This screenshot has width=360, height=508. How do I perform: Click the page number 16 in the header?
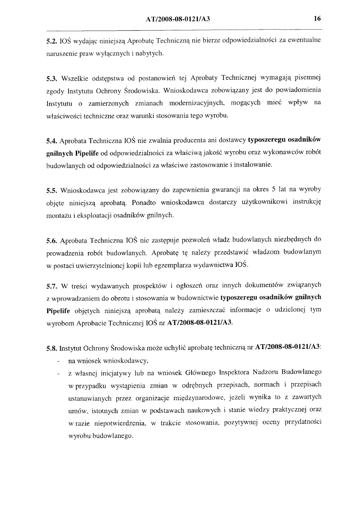click(x=317, y=19)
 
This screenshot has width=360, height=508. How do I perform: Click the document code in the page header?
click(x=180, y=19)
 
